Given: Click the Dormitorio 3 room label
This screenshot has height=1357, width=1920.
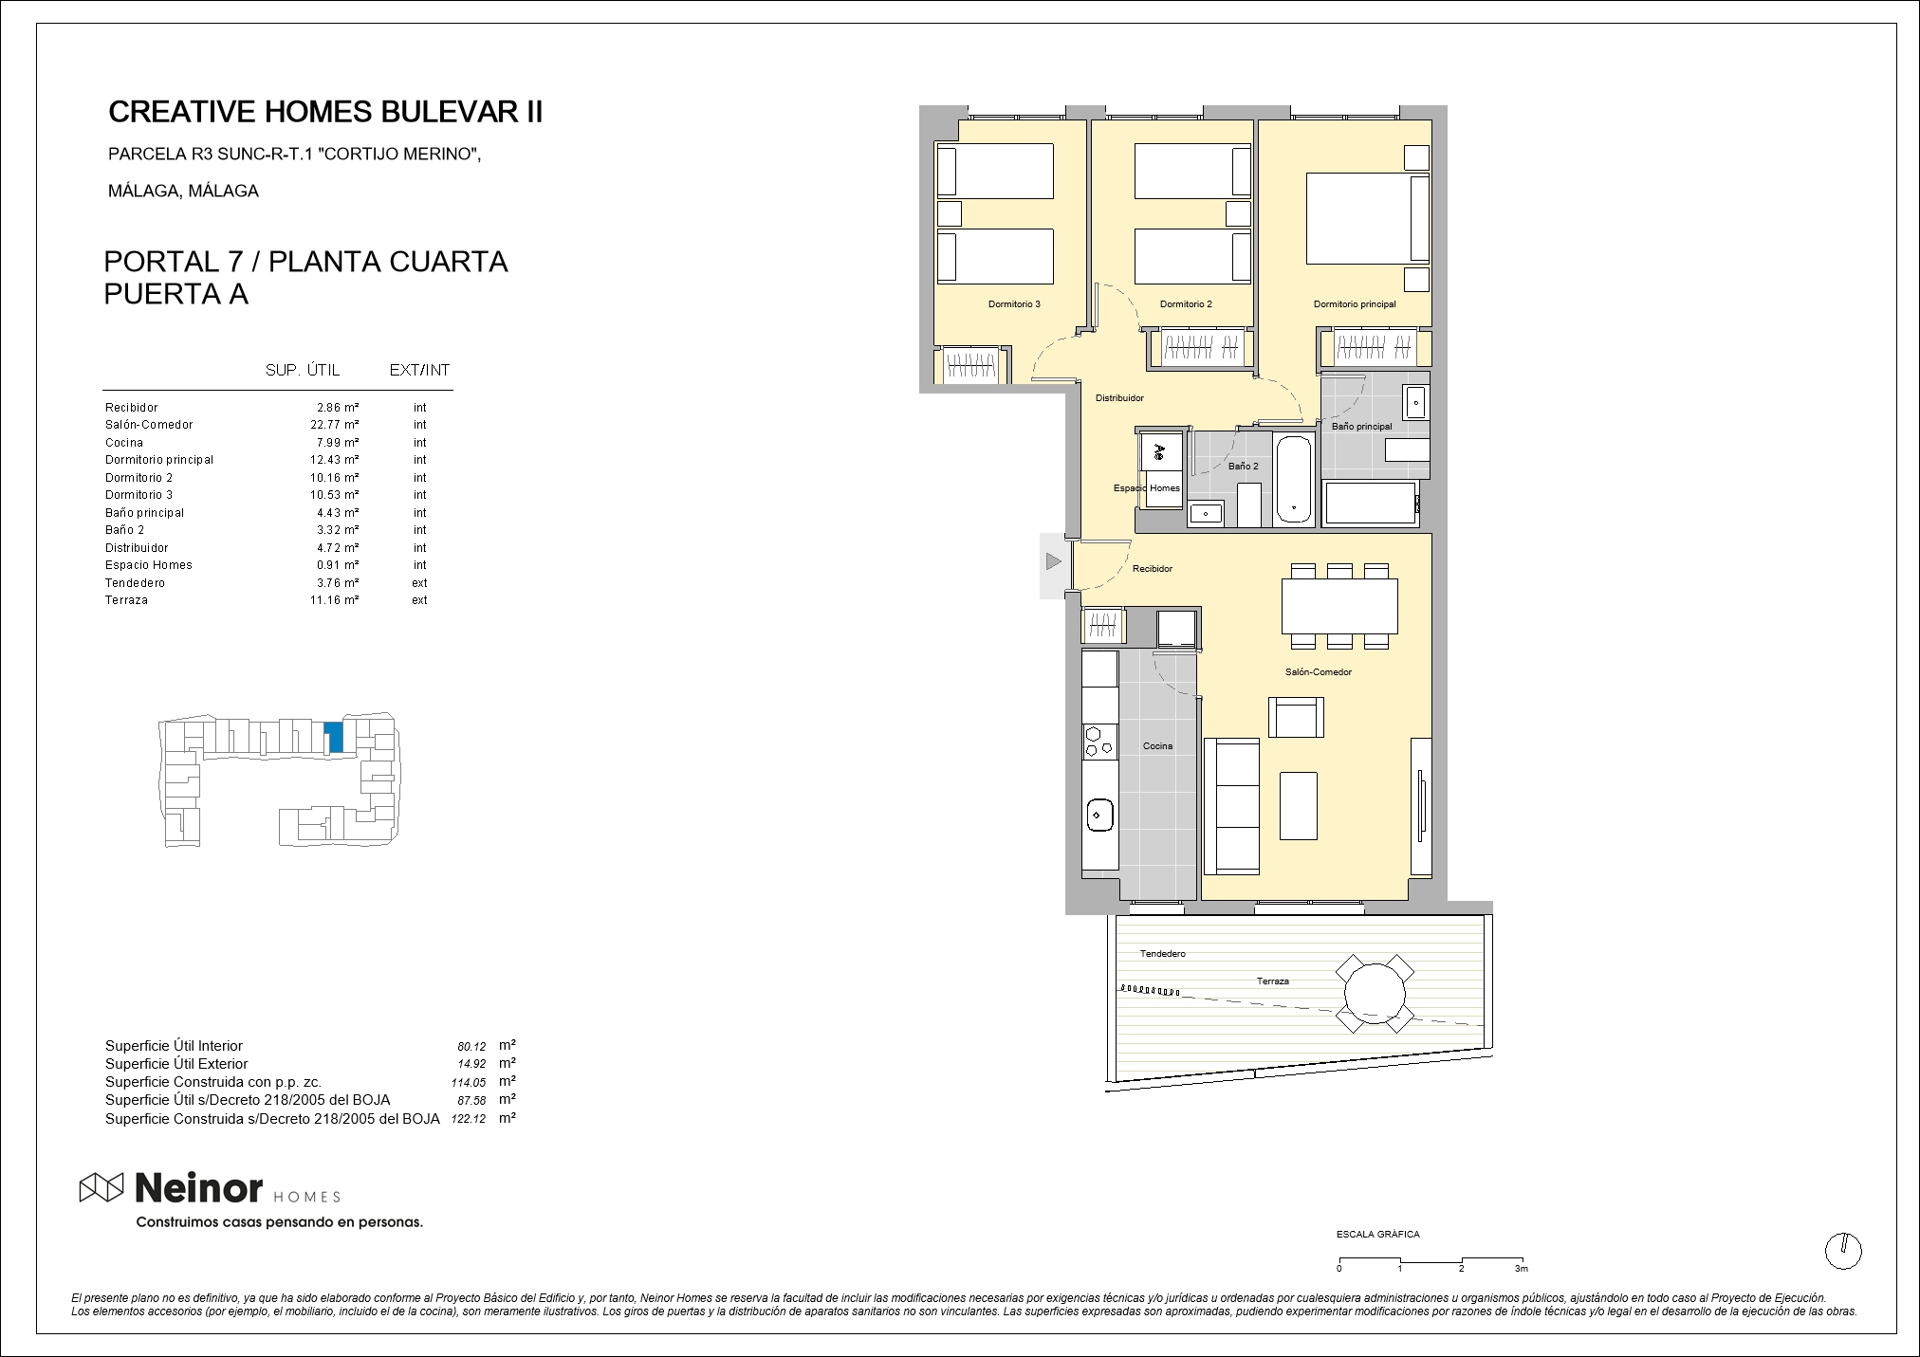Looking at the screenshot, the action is click(x=1014, y=304).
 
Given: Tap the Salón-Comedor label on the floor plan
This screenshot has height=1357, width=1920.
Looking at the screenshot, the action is click(x=1318, y=672).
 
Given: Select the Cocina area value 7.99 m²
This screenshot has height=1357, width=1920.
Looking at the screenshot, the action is click(x=338, y=443).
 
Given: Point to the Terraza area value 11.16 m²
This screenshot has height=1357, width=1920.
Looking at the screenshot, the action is click(x=335, y=600).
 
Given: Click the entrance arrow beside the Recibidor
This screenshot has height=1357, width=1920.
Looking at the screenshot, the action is click(x=1053, y=562).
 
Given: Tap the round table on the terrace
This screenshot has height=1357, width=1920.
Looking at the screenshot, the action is click(x=1375, y=994).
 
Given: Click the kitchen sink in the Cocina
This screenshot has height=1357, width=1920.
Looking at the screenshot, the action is click(x=1099, y=815).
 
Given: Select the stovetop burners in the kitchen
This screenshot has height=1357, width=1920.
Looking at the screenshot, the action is click(x=1100, y=743).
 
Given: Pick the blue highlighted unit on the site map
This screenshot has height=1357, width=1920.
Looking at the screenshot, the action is click(x=333, y=738).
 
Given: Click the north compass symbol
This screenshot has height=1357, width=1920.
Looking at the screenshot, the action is click(x=1843, y=1252).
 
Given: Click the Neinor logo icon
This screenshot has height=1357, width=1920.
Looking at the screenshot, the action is click(x=102, y=1187).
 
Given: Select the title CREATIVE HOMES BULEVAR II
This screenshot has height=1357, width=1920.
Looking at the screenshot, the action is click(x=325, y=112).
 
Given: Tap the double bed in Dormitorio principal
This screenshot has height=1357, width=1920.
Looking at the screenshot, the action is click(x=1368, y=217).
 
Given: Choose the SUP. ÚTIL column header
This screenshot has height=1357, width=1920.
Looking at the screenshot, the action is click(x=302, y=370).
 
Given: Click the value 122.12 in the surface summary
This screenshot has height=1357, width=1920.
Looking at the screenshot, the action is click(x=469, y=1119).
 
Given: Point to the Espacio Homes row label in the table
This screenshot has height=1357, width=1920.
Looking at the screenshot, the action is click(x=149, y=565).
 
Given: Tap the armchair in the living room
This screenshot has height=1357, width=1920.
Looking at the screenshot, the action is click(x=1297, y=717).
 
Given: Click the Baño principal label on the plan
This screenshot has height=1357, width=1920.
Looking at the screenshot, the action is click(x=1361, y=427).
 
